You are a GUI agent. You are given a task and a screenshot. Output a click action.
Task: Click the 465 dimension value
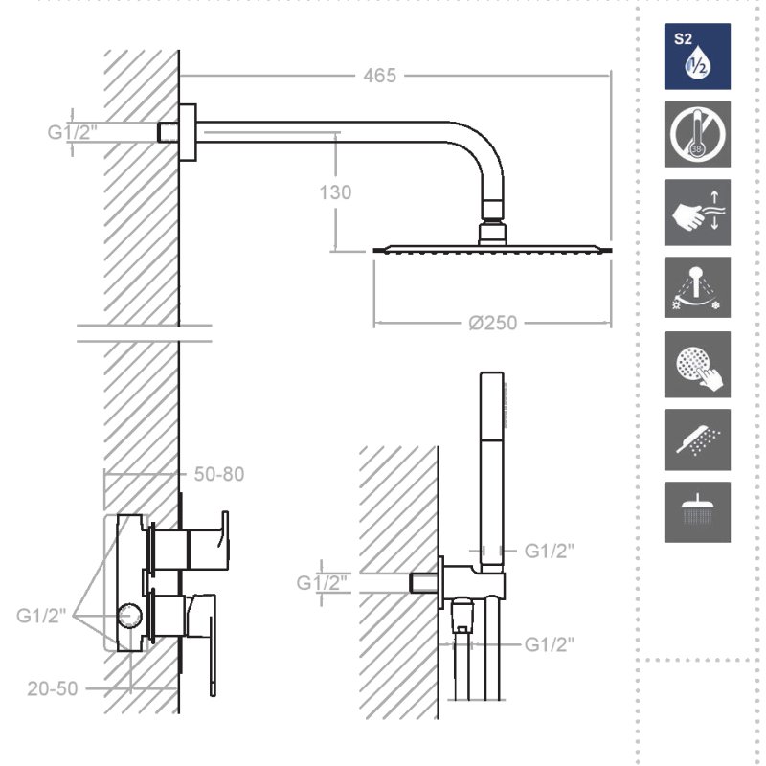[x=379, y=76]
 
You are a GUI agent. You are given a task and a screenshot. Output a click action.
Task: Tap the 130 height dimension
[x=335, y=192]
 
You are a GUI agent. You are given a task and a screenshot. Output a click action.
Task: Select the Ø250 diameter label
[x=492, y=323]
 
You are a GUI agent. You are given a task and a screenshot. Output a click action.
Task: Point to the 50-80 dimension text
[x=219, y=474]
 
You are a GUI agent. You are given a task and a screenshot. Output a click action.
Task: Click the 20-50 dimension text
[x=53, y=688]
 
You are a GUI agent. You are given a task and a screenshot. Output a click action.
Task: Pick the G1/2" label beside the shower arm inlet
[x=73, y=132]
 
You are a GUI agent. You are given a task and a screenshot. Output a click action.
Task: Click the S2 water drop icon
[x=697, y=56]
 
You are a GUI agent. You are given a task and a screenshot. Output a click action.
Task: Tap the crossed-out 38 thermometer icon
[x=697, y=134]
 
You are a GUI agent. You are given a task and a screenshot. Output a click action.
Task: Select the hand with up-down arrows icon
[x=697, y=212]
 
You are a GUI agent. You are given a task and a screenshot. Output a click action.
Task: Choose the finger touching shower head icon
[x=697, y=365]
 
